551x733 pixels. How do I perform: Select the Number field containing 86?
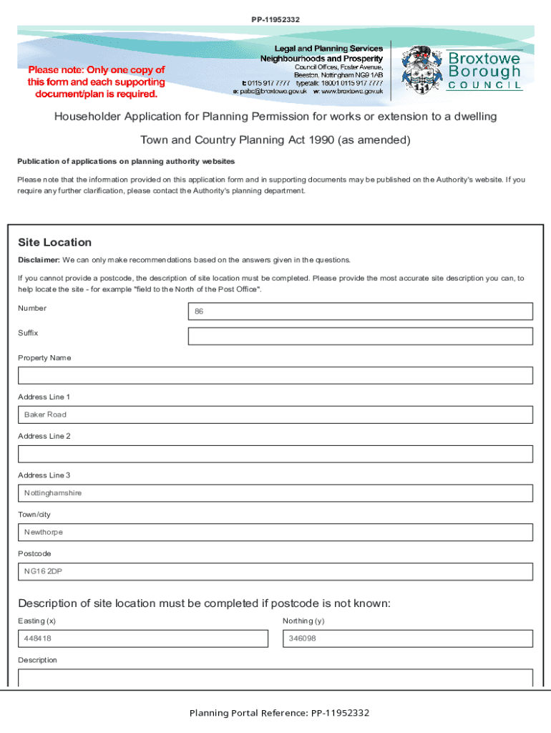click(x=360, y=311)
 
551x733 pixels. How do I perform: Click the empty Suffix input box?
click(x=360, y=336)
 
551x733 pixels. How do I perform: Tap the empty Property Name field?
click(x=275, y=376)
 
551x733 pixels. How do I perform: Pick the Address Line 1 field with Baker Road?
click(x=275, y=415)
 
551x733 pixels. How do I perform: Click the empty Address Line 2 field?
click(x=275, y=454)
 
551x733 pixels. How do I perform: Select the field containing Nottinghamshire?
click(x=275, y=493)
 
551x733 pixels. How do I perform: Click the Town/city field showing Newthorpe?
click(x=275, y=533)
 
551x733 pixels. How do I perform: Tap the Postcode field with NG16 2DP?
click(x=275, y=571)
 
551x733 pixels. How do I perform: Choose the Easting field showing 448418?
click(x=142, y=639)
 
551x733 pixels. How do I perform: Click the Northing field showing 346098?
click(x=407, y=639)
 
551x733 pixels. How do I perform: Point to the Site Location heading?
click(x=55, y=243)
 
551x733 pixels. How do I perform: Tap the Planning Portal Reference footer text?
click(x=279, y=713)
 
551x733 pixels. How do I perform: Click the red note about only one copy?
click(x=97, y=82)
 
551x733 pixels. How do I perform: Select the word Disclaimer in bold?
click(x=39, y=260)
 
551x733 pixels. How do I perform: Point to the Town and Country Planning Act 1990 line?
click(x=275, y=140)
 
